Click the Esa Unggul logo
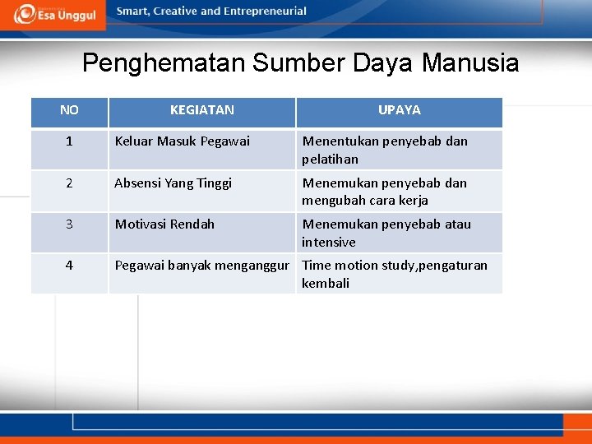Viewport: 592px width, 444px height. pyautogui.click(x=55, y=14)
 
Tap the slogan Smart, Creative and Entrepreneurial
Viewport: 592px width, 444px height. pyautogui.click(x=211, y=12)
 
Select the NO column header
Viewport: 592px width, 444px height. pyautogui.click(x=69, y=110)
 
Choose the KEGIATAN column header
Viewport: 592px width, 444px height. pyautogui.click(x=201, y=110)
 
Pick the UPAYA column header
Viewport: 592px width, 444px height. pyautogui.click(x=399, y=110)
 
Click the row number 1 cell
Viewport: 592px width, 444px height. pyautogui.click(x=69, y=141)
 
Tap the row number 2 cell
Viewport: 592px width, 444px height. pyautogui.click(x=69, y=183)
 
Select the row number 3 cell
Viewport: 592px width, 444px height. pyautogui.click(x=69, y=224)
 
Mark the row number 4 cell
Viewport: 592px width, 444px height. pyautogui.click(x=69, y=266)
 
